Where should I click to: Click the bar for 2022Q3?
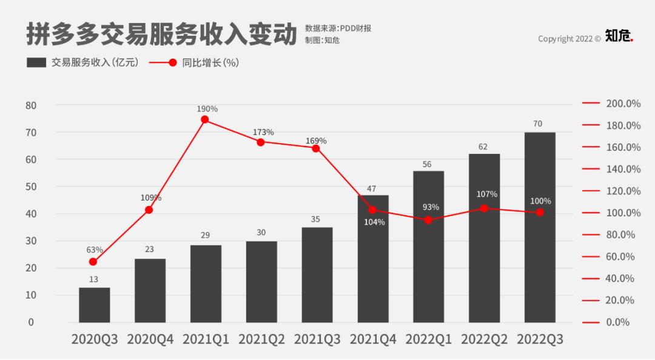pyautogui.click(x=540, y=227)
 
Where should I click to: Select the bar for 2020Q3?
pyautogui.click(x=95, y=305)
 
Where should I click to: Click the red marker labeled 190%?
pyautogui.click(x=205, y=120)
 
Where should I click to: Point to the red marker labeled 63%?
pyautogui.click(x=93, y=262)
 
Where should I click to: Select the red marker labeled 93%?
pyautogui.click(x=428, y=220)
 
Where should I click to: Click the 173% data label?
pyautogui.click(x=263, y=132)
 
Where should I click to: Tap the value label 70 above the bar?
pyautogui.click(x=537, y=124)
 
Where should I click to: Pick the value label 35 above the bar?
pyautogui.click(x=315, y=219)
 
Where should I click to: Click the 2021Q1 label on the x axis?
pyautogui.click(x=206, y=339)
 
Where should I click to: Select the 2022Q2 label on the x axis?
pyautogui.click(x=484, y=339)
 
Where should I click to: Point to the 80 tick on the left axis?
pyautogui.click(x=31, y=105)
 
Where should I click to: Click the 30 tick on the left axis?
pyautogui.click(x=31, y=241)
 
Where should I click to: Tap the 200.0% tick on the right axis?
pyautogui.click(x=623, y=104)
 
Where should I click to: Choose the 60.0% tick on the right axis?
pyautogui.click(x=623, y=256)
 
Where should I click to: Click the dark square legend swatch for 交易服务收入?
pyautogui.click(x=37, y=62)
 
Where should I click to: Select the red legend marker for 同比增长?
pyautogui.click(x=172, y=62)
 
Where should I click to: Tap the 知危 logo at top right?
pyautogui.click(x=618, y=36)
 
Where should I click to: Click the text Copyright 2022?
pyautogui.click(x=565, y=39)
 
